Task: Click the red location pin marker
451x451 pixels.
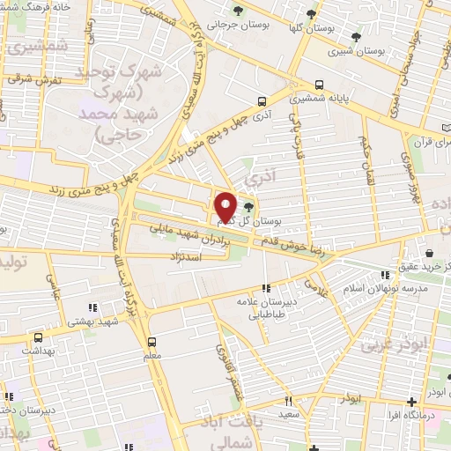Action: tap(225, 207)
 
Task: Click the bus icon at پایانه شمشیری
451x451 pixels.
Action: tap(319, 86)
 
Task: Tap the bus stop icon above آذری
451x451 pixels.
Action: tap(261, 101)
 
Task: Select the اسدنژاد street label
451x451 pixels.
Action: tap(184, 255)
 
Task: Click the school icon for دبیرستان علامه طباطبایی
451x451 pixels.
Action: tap(267, 287)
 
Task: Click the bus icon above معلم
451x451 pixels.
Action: tap(152, 341)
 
